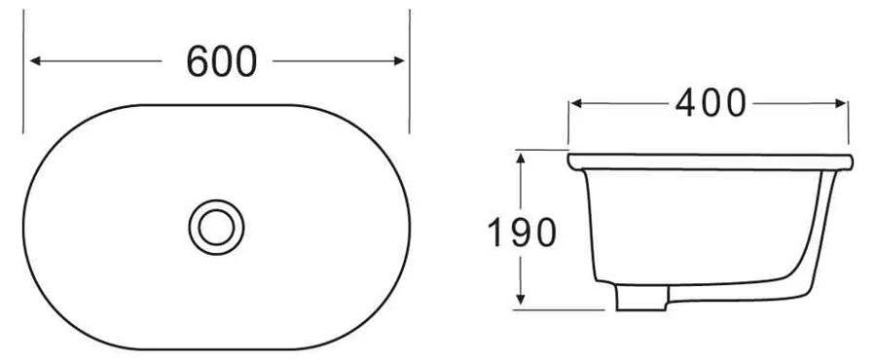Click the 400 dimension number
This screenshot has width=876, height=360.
click(x=710, y=102)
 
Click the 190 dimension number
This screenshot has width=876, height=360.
click(x=521, y=232)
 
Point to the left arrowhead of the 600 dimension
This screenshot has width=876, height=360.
click(x=36, y=61)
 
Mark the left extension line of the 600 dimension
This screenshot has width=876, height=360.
click(x=23, y=68)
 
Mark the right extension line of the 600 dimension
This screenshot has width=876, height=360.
click(x=410, y=68)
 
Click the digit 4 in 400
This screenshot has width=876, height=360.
click(x=687, y=102)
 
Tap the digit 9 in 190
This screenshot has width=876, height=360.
click(x=521, y=232)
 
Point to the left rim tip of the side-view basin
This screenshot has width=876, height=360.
click(x=569, y=157)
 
